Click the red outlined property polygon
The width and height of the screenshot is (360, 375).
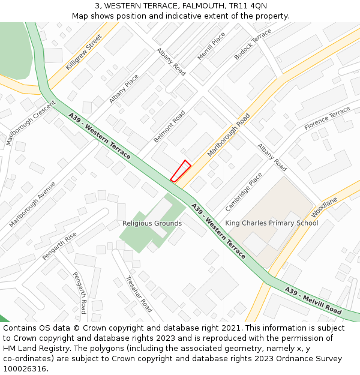tap(180, 171)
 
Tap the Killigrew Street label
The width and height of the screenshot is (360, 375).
tap(84, 52)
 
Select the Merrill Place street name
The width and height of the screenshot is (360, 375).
tap(211, 47)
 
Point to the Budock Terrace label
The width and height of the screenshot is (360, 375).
tap(253, 44)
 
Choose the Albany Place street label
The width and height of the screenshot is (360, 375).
tap(124, 89)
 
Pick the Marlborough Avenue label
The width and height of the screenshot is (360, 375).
tap(32, 204)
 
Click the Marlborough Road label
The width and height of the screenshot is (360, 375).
tap(229, 135)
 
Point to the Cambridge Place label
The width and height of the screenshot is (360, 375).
tap(244, 192)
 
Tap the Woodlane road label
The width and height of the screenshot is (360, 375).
tap(325, 207)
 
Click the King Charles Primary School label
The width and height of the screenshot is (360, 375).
tap(271, 223)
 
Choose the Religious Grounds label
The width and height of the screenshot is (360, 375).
tap(152, 223)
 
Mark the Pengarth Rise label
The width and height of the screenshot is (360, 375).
tap(59, 246)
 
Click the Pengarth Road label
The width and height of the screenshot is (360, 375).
tap(79, 292)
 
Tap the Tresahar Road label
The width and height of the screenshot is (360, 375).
tap(139, 294)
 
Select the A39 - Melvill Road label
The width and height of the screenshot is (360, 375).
tap(313, 301)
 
